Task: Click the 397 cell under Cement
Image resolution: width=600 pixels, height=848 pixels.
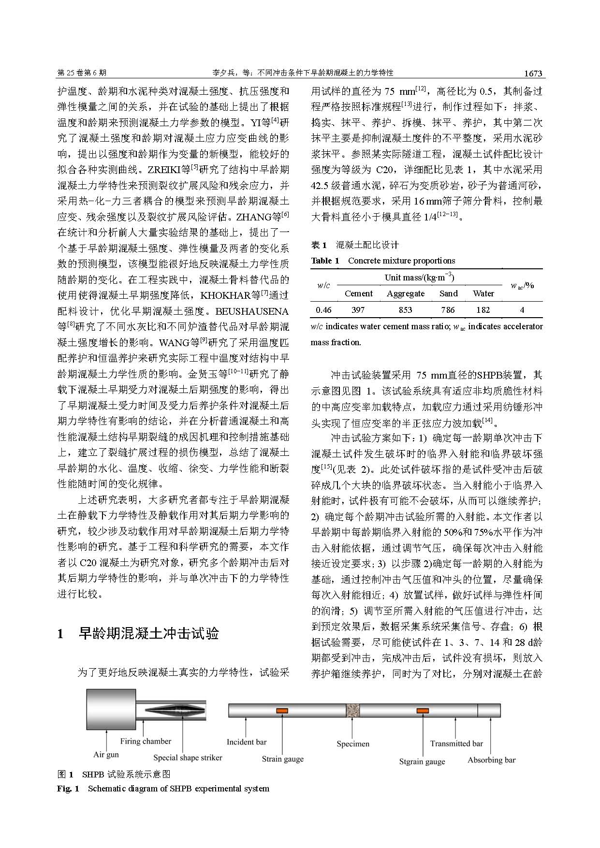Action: point(358,310)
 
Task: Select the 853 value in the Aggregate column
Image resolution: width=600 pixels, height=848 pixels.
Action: point(406,310)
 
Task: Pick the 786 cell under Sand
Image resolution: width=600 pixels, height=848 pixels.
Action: point(448,310)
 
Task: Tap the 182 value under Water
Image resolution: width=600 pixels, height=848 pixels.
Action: point(483,310)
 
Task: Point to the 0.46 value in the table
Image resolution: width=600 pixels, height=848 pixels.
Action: point(323,310)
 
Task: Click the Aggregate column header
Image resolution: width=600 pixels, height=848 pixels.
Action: point(406,293)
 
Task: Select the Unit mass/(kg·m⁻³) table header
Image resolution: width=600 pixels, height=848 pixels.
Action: point(419,278)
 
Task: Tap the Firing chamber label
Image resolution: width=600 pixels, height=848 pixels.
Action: point(146,741)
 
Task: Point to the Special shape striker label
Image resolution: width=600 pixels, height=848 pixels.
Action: point(188,758)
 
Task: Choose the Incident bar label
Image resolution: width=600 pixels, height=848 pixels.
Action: point(247,742)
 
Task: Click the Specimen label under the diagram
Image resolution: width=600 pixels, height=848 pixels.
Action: point(353,744)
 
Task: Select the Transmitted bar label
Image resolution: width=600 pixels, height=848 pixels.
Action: point(456,744)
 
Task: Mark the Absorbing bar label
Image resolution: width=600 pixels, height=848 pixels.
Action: point(491,760)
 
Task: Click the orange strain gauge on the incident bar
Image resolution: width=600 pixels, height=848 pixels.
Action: point(282,710)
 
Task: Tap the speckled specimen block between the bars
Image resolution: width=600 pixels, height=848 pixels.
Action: point(353,710)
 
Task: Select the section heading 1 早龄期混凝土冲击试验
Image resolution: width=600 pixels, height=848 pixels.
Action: point(138,633)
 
